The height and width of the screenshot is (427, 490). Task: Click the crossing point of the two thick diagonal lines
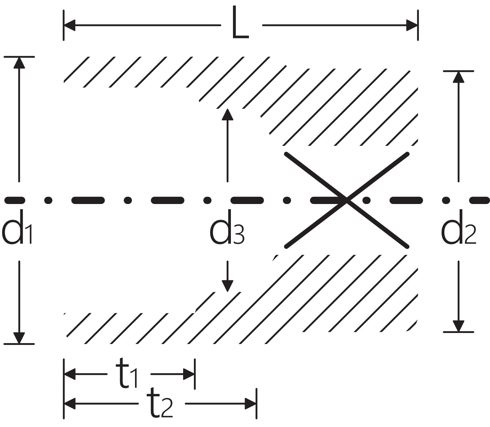347,200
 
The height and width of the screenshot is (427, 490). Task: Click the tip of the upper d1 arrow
19,57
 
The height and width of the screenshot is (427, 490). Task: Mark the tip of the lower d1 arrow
19,343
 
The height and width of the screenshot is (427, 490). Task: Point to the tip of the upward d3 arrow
227,108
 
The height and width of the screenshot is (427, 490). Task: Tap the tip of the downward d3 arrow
227,292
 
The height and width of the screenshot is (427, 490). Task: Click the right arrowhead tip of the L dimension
417,25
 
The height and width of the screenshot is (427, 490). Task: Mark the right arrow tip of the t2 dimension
256,404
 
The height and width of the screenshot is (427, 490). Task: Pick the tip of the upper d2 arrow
458,71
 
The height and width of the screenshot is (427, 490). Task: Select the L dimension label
240,23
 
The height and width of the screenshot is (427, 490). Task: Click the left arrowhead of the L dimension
70,25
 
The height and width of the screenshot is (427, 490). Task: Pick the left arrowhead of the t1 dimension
70,374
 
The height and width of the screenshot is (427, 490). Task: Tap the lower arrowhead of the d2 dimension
458,326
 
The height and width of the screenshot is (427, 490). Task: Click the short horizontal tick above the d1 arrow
19,57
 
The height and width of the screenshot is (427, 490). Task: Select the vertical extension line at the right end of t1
195,374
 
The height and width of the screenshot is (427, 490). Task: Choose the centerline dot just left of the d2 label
446,200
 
